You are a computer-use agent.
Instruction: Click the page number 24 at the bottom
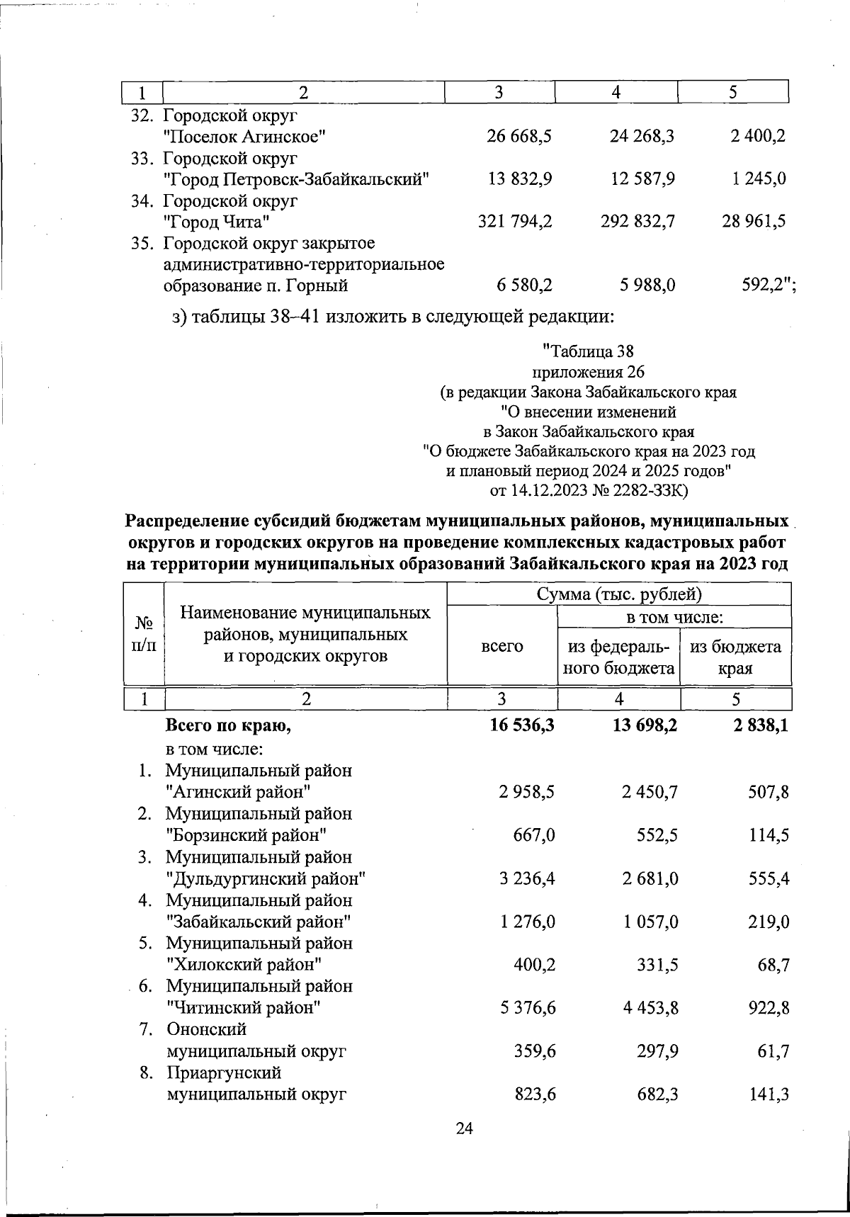(x=464, y=1128)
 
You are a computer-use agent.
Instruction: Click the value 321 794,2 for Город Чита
(x=515, y=222)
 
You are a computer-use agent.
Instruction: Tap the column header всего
(x=502, y=646)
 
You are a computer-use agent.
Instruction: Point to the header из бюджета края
(x=736, y=657)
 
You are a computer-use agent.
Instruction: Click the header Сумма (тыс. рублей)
(x=619, y=594)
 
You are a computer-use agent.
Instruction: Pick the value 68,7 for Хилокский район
(x=773, y=965)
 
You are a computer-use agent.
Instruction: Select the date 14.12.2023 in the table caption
(x=550, y=489)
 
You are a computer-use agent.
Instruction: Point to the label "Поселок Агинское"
(x=244, y=136)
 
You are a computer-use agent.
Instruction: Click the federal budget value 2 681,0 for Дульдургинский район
(x=650, y=879)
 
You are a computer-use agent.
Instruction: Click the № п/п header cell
(x=144, y=635)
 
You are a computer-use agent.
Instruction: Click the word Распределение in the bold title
(x=186, y=522)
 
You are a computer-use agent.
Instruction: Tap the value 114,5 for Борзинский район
(x=768, y=835)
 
